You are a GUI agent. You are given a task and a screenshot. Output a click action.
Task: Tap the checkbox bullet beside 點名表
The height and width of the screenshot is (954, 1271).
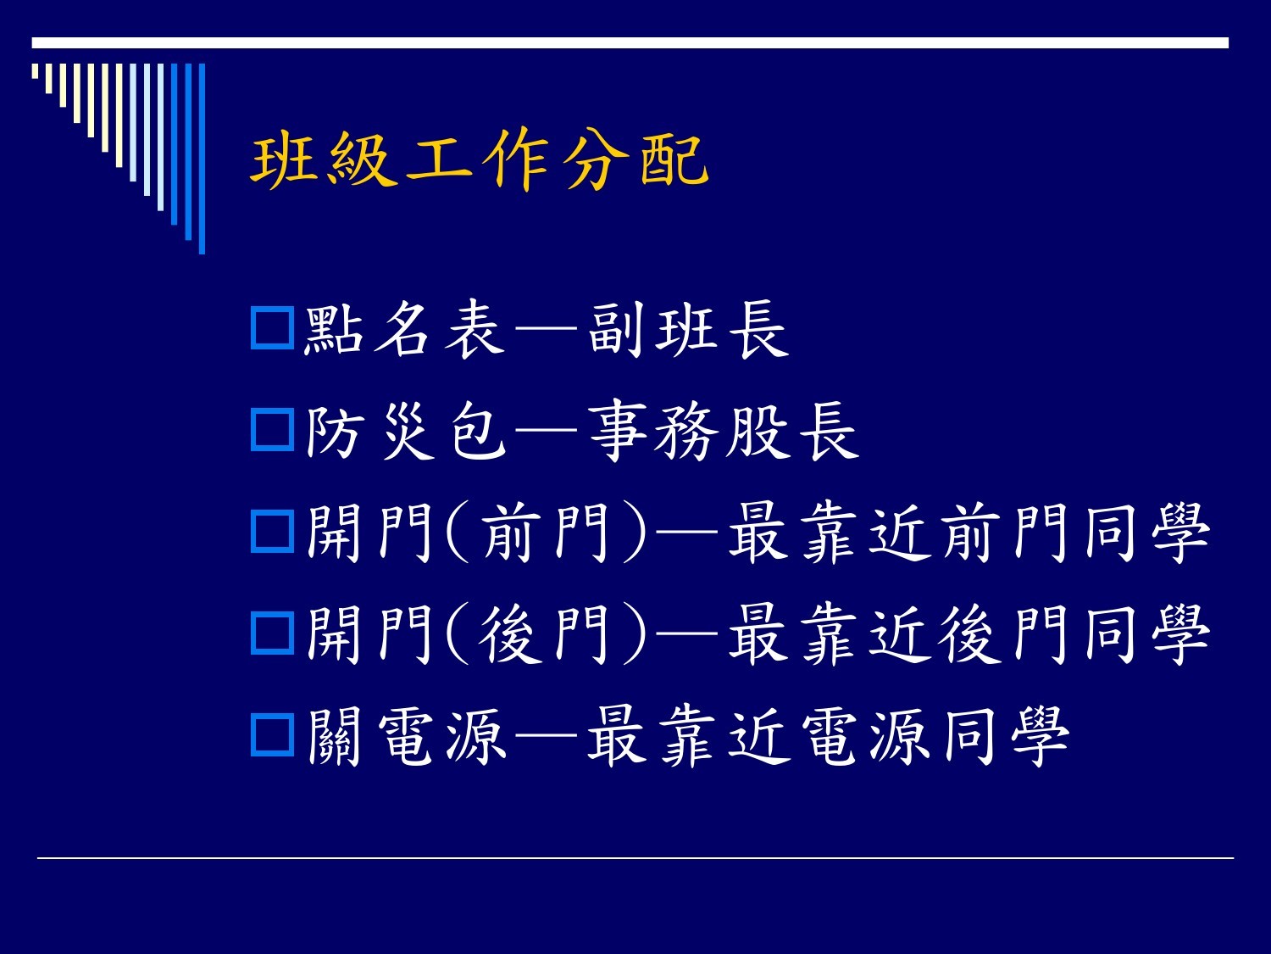coord(272,328)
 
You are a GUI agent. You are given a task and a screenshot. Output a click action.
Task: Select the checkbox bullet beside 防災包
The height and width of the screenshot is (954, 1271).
coord(272,429)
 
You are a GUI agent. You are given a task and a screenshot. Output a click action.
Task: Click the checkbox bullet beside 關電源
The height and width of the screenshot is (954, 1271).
coord(272,735)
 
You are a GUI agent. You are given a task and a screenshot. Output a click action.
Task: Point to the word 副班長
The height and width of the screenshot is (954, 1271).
coord(689,329)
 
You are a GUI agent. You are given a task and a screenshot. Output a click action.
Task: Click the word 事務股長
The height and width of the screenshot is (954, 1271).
coord(724,431)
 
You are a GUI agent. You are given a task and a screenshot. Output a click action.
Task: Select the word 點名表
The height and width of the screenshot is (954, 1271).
coord(404,329)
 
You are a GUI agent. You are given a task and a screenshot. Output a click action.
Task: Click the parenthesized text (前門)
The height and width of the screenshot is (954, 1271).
coord(546,533)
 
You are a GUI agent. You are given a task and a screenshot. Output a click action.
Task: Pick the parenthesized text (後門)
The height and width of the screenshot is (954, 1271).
coord(546,633)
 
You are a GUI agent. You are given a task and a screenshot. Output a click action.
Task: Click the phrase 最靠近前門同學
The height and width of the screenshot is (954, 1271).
coord(969,533)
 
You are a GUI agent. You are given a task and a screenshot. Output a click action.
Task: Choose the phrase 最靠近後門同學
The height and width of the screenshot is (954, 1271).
coord(969,633)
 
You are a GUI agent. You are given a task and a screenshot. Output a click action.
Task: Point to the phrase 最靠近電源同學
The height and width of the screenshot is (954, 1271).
coord(828,736)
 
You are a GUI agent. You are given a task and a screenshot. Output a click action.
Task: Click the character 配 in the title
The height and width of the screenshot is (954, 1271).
coord(674,160)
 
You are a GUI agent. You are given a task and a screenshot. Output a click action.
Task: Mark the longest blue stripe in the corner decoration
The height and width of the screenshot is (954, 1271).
coord(202,159)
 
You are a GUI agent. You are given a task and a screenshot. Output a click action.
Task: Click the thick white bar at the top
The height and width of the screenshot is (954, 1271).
coord(630,43)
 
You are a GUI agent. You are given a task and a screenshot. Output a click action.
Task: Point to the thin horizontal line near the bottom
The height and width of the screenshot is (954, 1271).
coord(635,858)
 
